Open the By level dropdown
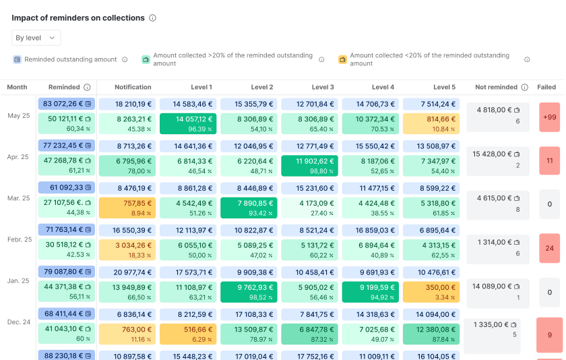point(36,38)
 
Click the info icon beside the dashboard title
point(153,18)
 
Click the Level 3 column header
point(323,87)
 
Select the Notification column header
point(133,87)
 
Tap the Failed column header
point(546,87)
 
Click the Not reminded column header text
point(496,87)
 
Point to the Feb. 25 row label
point(19,239)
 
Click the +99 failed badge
point(549,117)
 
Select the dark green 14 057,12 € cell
point(188,123)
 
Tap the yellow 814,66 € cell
point(431,123)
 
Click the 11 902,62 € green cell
point(310,165)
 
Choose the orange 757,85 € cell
point(127,207)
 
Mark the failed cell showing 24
point(549,248)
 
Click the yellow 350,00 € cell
point(431,291)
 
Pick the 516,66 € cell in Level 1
point(188,333)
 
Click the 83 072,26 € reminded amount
point(67,104)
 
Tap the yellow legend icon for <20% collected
point(342,59)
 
